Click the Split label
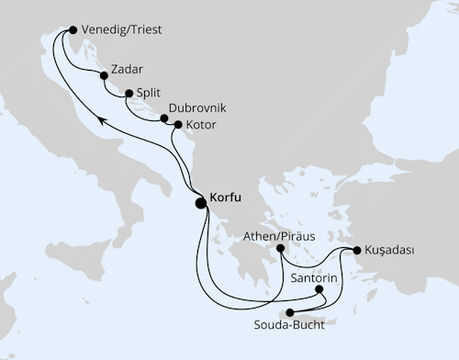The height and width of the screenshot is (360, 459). [x=149, y=93]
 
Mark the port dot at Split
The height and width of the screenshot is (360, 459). [x=127, y=92]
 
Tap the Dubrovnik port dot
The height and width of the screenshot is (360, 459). [x=164, y=118]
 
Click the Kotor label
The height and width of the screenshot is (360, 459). [x=203, y=124]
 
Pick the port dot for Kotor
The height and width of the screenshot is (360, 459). [x=177, y=124]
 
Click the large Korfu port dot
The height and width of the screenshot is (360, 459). [x=200, y=204]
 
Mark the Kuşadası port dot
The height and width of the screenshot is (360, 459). [x=356, y=249]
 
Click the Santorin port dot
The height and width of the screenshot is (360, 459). [x=319, y=289]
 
